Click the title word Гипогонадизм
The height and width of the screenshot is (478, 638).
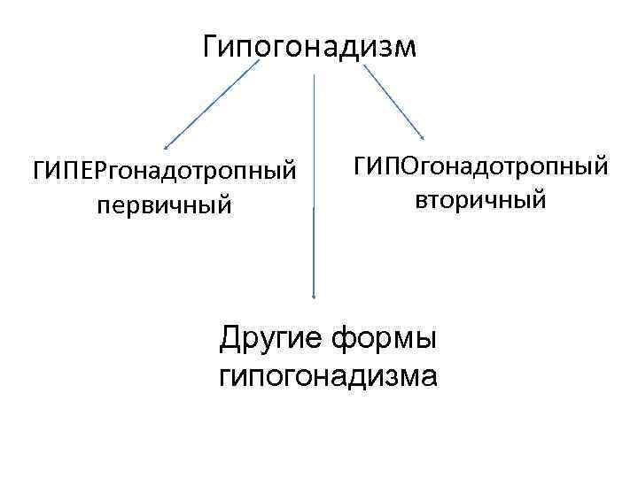tap(308, 46)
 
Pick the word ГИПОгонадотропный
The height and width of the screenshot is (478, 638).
tap(481, 166)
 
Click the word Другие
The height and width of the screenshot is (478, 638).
tap(271, 337)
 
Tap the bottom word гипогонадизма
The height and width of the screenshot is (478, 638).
tap(327, 375)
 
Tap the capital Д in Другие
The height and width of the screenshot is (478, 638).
tap(230, 337)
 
